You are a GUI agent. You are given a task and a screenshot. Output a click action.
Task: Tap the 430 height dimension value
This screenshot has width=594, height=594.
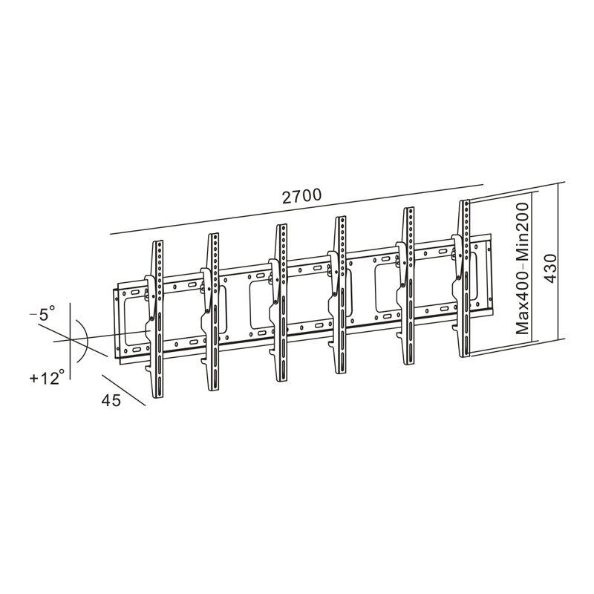[549, 268]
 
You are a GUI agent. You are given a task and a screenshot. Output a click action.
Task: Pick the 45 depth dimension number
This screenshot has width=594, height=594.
[111, 400]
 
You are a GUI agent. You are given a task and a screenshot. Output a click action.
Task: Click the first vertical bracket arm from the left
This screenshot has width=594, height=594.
[157, 319]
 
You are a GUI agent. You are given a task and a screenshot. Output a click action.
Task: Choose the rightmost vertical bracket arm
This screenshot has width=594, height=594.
[464, 278]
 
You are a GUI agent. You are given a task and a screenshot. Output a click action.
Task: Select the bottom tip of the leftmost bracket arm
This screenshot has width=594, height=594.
[157, 396]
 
